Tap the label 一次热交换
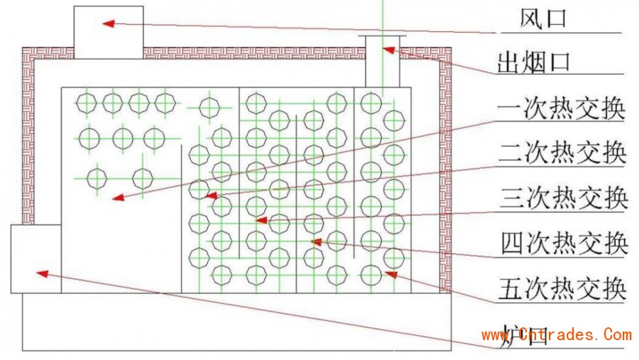point(561,110)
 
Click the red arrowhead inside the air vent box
point(107,23)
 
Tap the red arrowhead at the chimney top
point(388,49)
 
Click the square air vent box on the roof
point(109,32)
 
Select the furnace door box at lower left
point(35,259)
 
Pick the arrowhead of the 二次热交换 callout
point(210,194)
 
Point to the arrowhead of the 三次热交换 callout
point(261,220)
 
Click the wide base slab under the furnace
point(238,323)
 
